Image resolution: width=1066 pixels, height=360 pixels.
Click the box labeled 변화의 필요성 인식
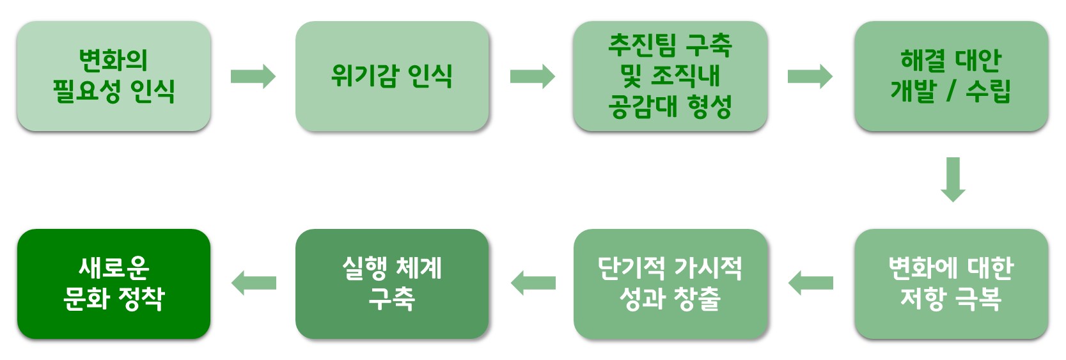(x=114, y=76)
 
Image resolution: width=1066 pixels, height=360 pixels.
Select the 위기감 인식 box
(x=392, y=76)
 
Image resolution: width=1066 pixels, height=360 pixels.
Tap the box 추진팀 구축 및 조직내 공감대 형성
(x=670, y=76)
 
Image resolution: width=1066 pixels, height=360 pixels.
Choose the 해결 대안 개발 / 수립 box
(x=952, y=76)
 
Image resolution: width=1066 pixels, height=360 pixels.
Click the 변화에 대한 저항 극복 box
(x=952, y=284)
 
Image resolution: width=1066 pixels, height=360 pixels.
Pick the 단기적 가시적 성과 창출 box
(x=670, y=284)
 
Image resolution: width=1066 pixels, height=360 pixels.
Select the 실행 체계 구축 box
(x=392, y=284)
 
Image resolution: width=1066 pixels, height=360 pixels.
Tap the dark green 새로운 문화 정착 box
(x=114, y=284)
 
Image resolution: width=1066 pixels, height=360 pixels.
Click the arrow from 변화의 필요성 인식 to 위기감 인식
(x=253, y=76)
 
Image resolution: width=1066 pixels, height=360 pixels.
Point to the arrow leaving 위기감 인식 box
(x=533, y=76)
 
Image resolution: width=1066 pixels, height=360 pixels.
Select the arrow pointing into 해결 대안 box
(x=810, y=76)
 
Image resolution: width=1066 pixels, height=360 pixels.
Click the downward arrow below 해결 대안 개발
(x=953, y=180)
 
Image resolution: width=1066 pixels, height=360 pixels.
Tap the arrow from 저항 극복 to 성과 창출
(x=810, y=283)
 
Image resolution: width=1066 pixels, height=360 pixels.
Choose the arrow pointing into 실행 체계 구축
(x=533, y=283)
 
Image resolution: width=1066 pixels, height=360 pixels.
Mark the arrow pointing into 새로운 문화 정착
(x=254, y=283)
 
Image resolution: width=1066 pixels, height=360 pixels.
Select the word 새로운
(x=114, y=268)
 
